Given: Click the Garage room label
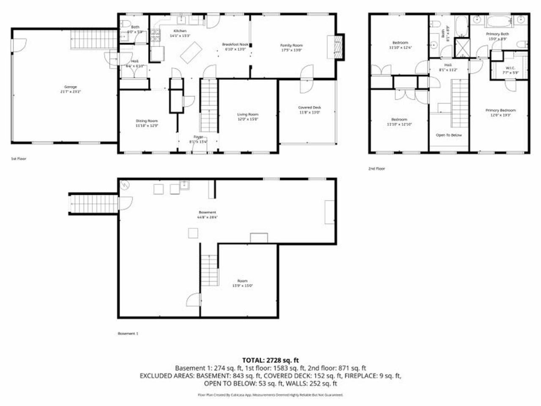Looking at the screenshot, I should pos(71,87).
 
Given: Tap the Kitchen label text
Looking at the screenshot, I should pos(180,31).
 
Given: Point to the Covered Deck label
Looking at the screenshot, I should pos(310,107).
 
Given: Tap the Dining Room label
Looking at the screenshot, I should pos(147,121).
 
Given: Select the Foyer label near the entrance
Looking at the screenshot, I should pos(199,137).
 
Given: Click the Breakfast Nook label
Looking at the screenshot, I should pos(235,44).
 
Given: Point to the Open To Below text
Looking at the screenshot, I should pos(449,135).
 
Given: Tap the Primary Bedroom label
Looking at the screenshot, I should pos(500,110).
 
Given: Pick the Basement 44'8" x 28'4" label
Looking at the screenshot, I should pos(208,212).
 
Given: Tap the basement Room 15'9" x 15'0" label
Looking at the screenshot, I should pos(242,281).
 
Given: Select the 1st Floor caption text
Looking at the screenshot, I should pos(19,159).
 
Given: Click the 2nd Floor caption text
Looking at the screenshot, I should pos(377,168).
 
